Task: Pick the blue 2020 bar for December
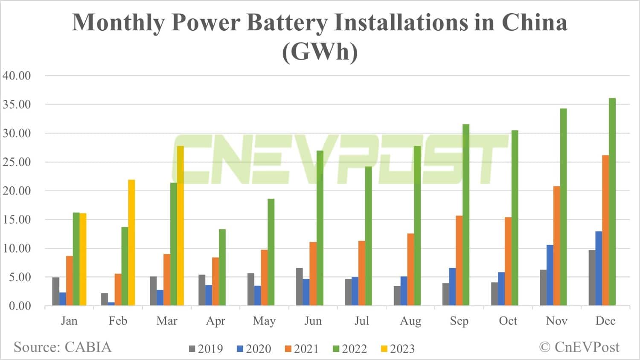click(599, 268)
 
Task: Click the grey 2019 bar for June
click(300, 287)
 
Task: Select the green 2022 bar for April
click(222, 267)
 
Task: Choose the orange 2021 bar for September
click(459, 261)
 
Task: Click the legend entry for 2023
click(397, 349)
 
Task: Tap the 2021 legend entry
click(302, 349)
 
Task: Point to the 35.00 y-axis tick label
click(17, 105)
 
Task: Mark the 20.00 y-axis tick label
click(17, 191)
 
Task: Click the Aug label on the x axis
click(410, 321)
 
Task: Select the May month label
click(264, 321)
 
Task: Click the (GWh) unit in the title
click(320, 52)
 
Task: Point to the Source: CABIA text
click(62, 347)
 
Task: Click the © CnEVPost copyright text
click(579, 347)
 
